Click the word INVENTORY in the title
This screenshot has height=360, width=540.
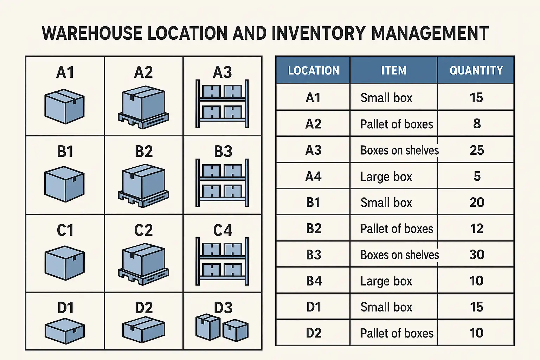point(319,33)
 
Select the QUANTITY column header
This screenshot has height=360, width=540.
point(476,70)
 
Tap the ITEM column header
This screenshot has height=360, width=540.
point(394,70)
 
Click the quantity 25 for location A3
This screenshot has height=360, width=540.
point(477,150)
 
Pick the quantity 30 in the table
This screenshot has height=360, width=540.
point(477,255)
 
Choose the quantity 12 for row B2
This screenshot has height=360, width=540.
point(477,229)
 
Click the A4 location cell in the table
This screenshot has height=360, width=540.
point(313,176)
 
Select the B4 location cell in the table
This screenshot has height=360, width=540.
point(314,281)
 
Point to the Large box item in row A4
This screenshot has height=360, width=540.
point(386,177)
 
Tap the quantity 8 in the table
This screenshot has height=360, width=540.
point(477,124)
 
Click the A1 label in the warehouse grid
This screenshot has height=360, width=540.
point(65,72)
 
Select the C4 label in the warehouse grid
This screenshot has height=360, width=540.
point(223,230)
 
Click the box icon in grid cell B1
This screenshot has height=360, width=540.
point(65,184)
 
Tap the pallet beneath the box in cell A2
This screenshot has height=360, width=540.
point(143,120)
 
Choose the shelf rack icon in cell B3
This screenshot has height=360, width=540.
point(222,183)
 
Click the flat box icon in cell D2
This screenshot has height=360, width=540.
point(144,330)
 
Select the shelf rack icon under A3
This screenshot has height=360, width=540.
point(222,104)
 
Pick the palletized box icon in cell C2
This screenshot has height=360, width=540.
point(143,264)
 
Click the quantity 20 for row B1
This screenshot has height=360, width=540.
point(477,202)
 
